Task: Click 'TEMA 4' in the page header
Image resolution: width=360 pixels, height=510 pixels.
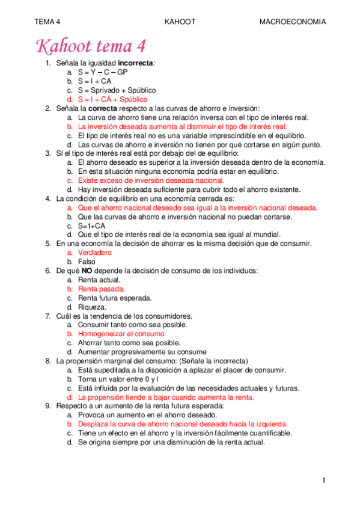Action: [x=47, y=22]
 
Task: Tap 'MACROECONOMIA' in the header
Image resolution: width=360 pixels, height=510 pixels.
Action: [x=292, y=22]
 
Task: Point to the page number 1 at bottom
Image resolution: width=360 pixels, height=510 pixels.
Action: [x=323, y=480]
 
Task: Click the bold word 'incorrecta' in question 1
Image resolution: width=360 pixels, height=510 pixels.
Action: [x=135, y=63]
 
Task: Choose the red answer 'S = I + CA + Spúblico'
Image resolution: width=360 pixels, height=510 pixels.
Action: [x=112, y=99]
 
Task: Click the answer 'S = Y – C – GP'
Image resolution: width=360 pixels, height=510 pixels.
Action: [x=103, y=72]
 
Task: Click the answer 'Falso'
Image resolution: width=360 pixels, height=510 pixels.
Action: [x=87, y=262]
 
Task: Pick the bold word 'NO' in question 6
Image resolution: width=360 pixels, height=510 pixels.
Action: [x=87, y=271]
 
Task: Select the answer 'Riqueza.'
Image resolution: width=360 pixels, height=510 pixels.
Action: [x=93, y=307]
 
